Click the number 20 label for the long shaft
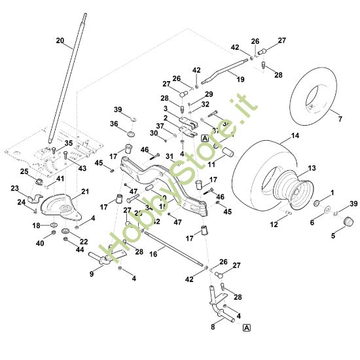[60, 41]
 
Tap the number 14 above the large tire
[295, 135]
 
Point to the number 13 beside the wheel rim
[311, 168]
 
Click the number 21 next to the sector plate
[84, 191]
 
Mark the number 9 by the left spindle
[91, 274]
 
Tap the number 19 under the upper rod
[240, 79]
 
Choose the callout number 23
[15, 188]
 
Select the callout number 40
[40, 243]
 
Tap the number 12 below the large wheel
[274, 225]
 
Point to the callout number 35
[69, 143]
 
